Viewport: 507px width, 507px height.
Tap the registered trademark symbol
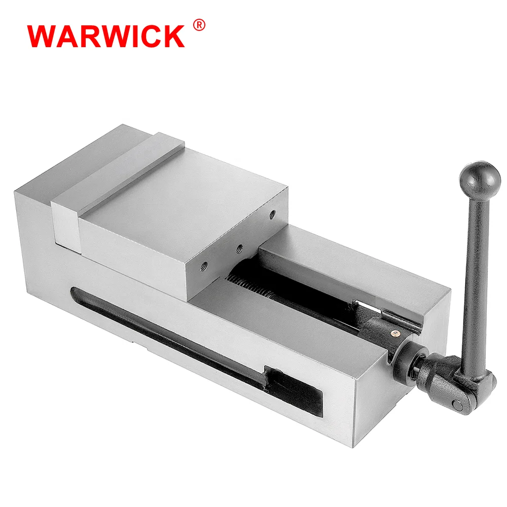pos(199,25)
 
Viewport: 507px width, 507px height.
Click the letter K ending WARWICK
pos(171,36)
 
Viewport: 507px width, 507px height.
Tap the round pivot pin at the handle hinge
pos(458,404)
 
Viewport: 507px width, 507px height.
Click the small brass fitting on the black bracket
pos(394,333)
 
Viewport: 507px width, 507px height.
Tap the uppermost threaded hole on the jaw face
pos(273,215)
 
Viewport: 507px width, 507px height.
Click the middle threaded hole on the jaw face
pos(240,248)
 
